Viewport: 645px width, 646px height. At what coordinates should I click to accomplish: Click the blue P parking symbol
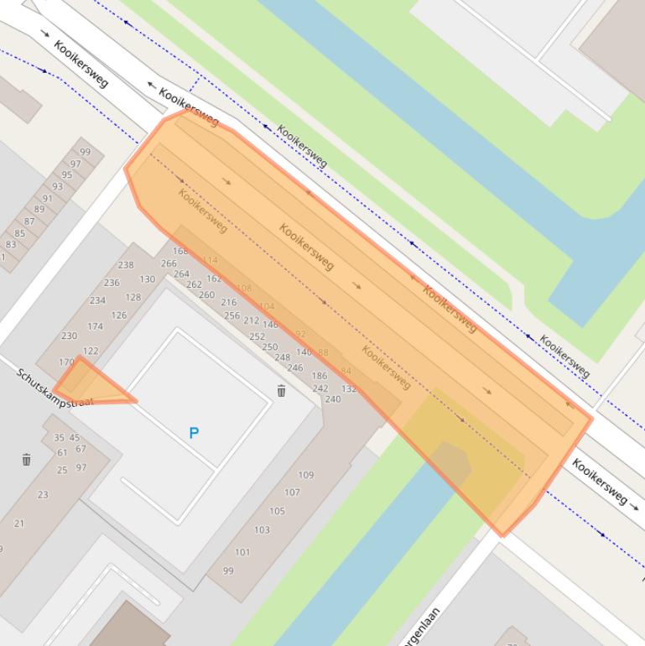(194, 433)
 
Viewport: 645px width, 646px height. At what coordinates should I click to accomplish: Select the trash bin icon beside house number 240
(282, 391)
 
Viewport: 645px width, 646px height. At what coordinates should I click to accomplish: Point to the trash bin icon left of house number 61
(27, 459)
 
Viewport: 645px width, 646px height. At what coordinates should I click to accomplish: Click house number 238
(125, 265)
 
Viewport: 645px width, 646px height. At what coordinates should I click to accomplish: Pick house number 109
(305, 475)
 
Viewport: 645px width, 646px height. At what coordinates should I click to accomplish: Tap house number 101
(242, 552)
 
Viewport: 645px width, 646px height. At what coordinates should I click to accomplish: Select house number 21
(19, 524)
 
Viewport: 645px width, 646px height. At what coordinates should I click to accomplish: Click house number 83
(11, 245)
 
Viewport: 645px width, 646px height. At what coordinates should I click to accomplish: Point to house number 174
(95, 326)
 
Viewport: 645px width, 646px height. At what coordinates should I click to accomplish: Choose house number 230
(69, 336)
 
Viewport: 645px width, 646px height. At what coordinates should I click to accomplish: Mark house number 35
(59, 438)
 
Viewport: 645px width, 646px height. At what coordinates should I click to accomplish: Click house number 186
(319, 377)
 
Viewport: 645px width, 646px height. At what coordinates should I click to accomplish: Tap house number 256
(231, 315)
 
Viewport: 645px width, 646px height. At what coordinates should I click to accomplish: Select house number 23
(43, 495)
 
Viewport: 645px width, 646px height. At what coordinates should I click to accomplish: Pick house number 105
(277, 511)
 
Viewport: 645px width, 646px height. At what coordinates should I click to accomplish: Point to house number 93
(57, 187)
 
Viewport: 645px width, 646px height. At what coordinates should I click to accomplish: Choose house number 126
(118, 315)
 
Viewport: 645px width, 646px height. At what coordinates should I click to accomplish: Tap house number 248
(283, 357)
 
